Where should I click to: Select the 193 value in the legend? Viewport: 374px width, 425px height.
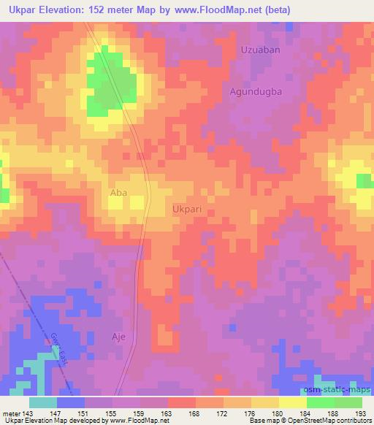coord(359,413)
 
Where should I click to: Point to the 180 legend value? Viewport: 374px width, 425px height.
coord(278,413)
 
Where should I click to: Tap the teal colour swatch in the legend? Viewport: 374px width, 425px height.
coord(43,402)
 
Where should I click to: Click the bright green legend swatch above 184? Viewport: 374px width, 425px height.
coord(320,402)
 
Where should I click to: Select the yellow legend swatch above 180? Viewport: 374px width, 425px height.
coord(292,402)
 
